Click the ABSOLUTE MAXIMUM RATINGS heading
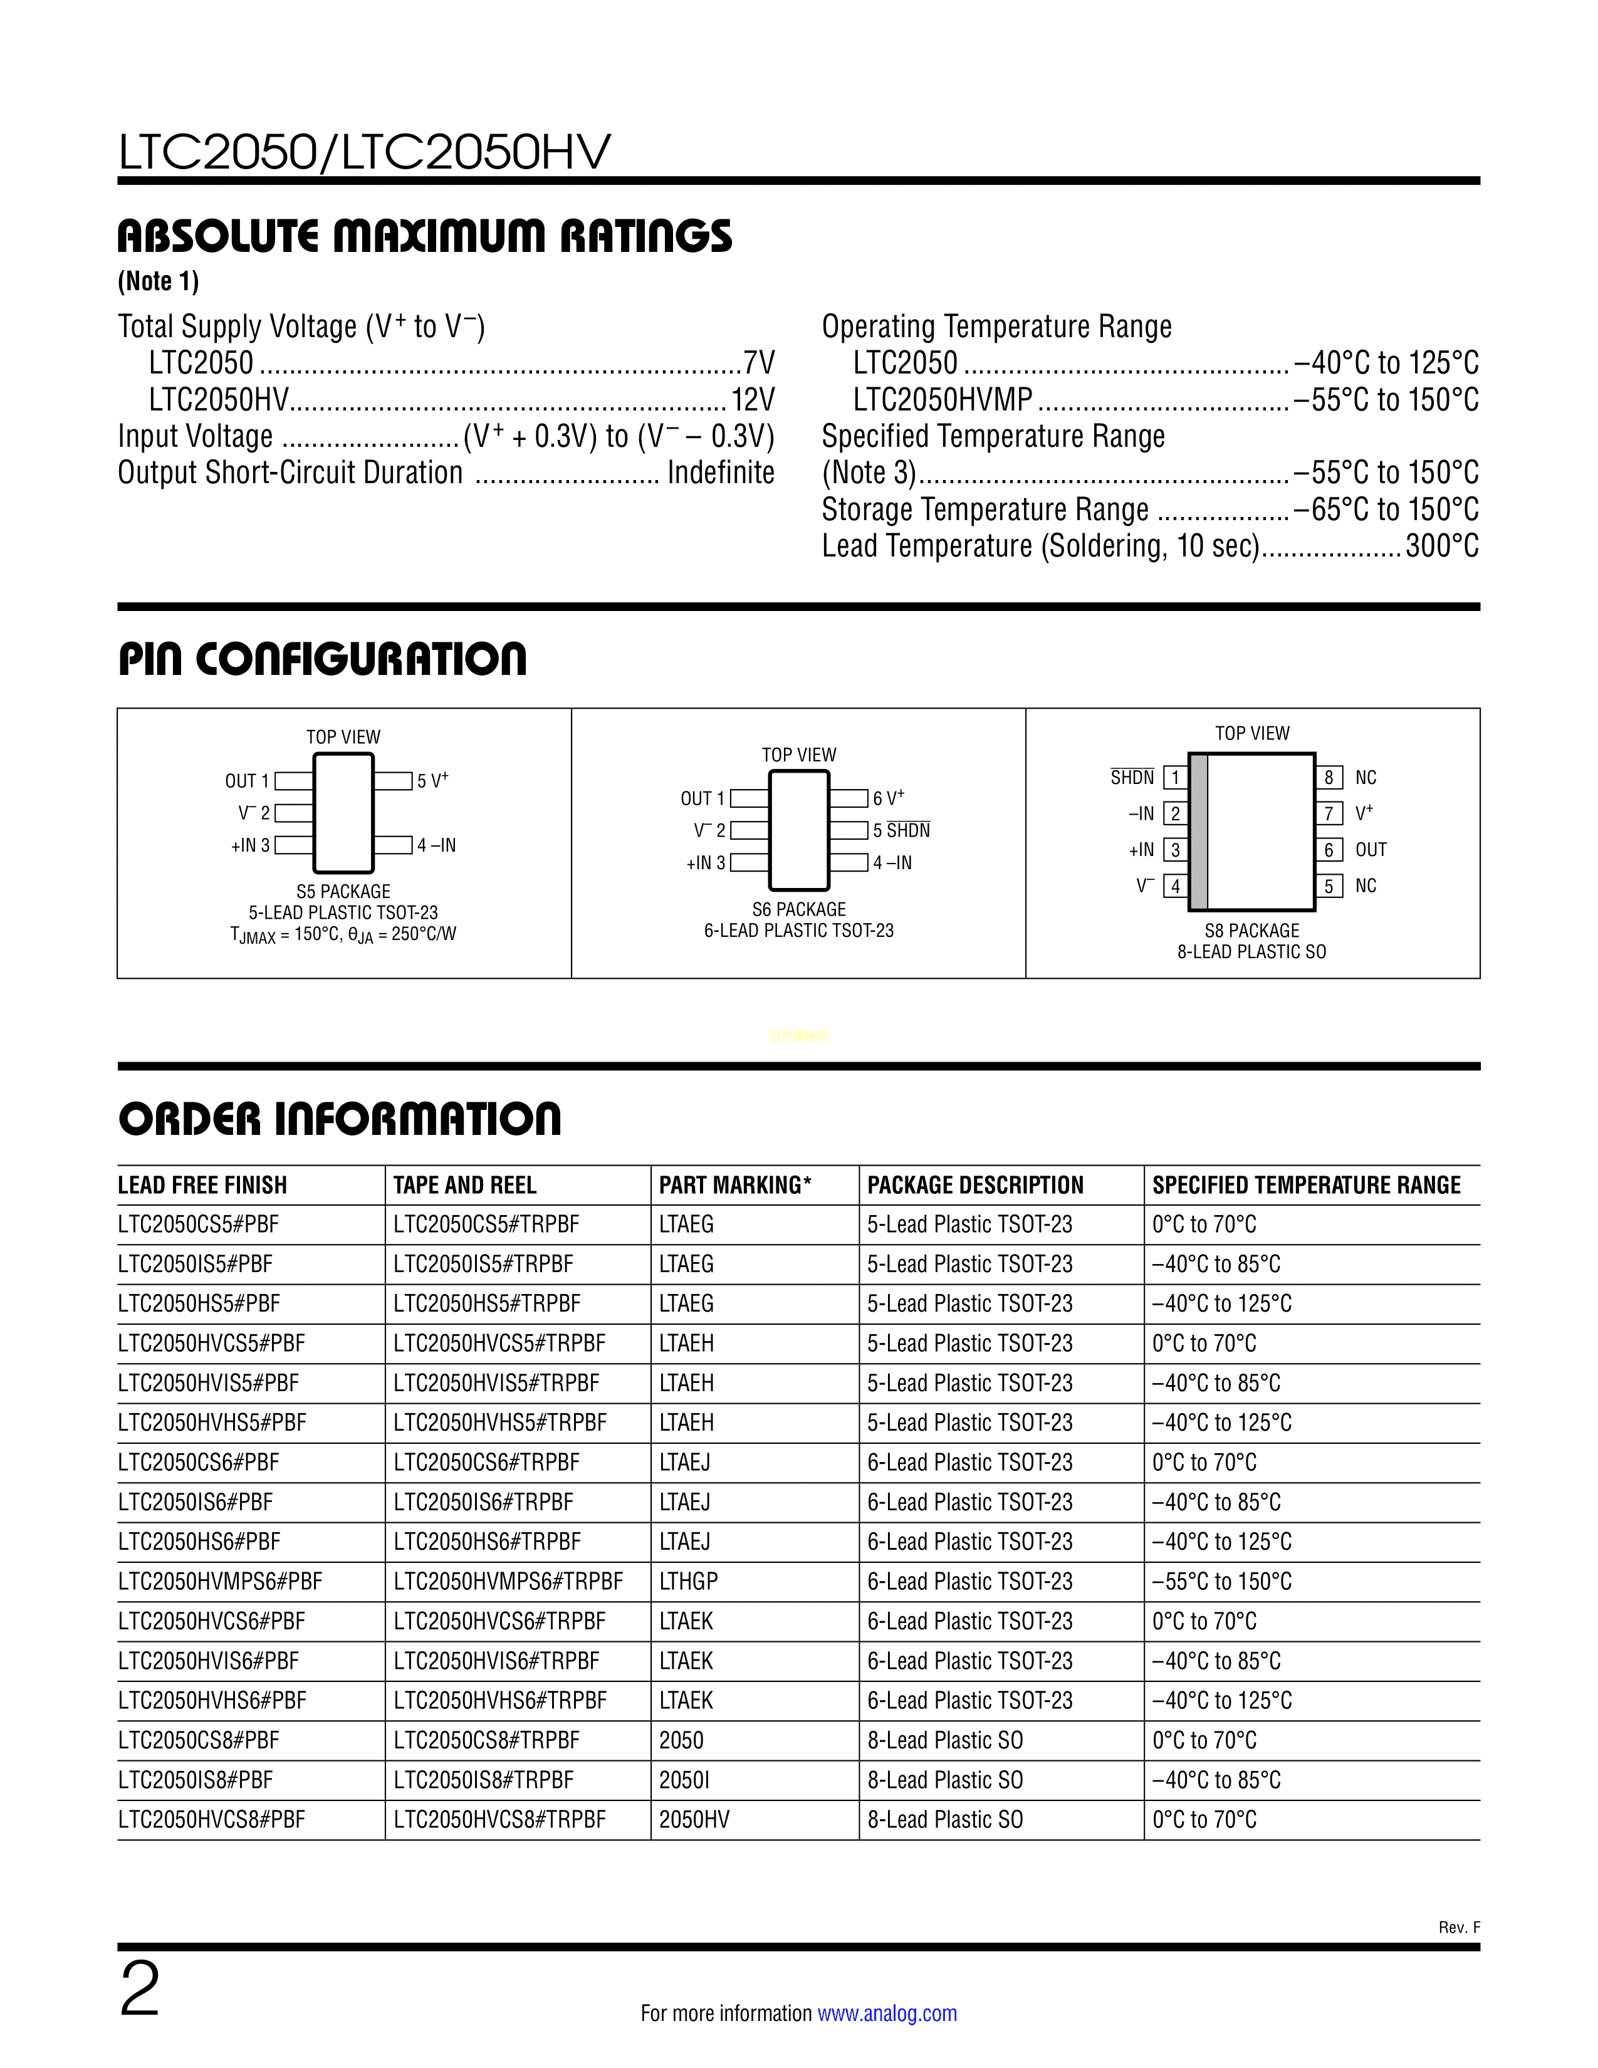tap(424, 236)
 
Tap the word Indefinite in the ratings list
tap(721, 473)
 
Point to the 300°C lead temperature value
tap(1442, 546)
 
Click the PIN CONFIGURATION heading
tap(322, 659)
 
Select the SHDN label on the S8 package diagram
tap(1132, 778)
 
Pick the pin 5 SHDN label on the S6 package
tap(901, 830)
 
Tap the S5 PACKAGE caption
tap(343, 891)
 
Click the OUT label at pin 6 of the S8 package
tap(1371, 849)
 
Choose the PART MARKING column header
tap(734, 1186)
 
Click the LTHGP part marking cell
tap(688, 1581)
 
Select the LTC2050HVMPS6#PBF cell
tap(219, 1581)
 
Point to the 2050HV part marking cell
tap(694, 1819)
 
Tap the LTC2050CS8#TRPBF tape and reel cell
tap(486, 1740)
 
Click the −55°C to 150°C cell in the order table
tap(1221, 1581)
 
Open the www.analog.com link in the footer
tap(886, 2013)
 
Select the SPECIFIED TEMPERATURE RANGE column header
tap(1307, 1186)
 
